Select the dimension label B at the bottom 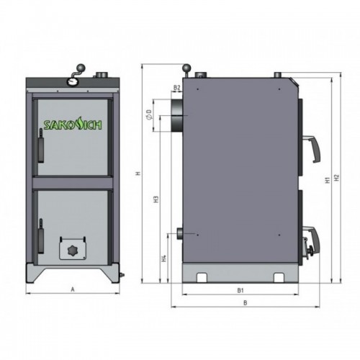245,304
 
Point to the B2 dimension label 176,88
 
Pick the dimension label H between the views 136,174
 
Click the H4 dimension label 164,257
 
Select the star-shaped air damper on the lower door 72,249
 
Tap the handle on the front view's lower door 40,238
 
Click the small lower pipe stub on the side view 176,233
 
